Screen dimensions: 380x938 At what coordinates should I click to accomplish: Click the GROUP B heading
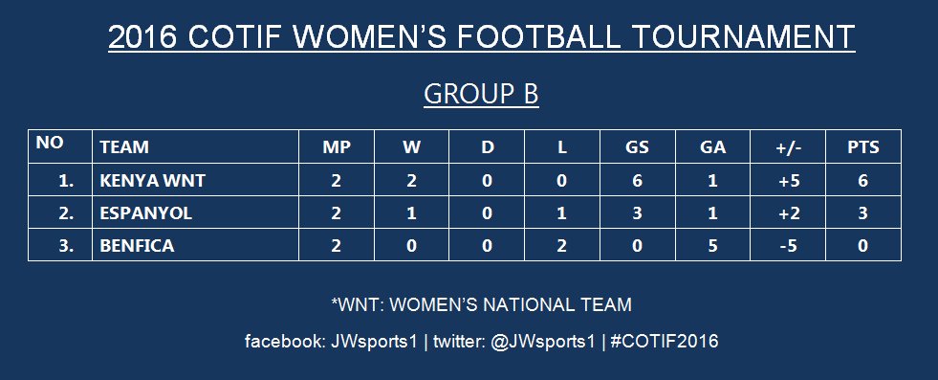[x=481, y=94]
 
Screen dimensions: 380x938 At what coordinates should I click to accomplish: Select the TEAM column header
[x=124, y=147]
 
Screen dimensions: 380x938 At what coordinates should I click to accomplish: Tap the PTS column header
[x=862, y=147]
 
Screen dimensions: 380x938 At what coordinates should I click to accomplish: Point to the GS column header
[x=637, y=147]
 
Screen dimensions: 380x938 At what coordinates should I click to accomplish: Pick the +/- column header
[x=788, y=147]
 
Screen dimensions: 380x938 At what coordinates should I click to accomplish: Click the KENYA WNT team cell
[x=153, y=180]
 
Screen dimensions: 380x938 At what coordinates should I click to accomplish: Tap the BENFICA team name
[x=137, y=246]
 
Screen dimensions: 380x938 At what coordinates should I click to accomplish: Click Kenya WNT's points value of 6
[x=862, y=180]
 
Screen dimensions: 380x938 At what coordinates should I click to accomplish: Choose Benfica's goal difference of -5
[x=788, y=246]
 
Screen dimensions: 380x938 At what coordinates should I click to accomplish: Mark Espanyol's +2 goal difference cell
[x=788, y=213]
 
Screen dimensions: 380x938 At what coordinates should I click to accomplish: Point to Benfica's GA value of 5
[x=712, y=246]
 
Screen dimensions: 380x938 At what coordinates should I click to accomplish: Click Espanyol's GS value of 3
[x=637, y=213]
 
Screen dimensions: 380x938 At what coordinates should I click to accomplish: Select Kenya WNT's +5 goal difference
[x=788, y=180]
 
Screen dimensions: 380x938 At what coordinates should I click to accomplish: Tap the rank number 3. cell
[x=66, y=246]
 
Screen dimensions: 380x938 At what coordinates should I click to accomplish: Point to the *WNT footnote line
[x=481, y=305]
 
